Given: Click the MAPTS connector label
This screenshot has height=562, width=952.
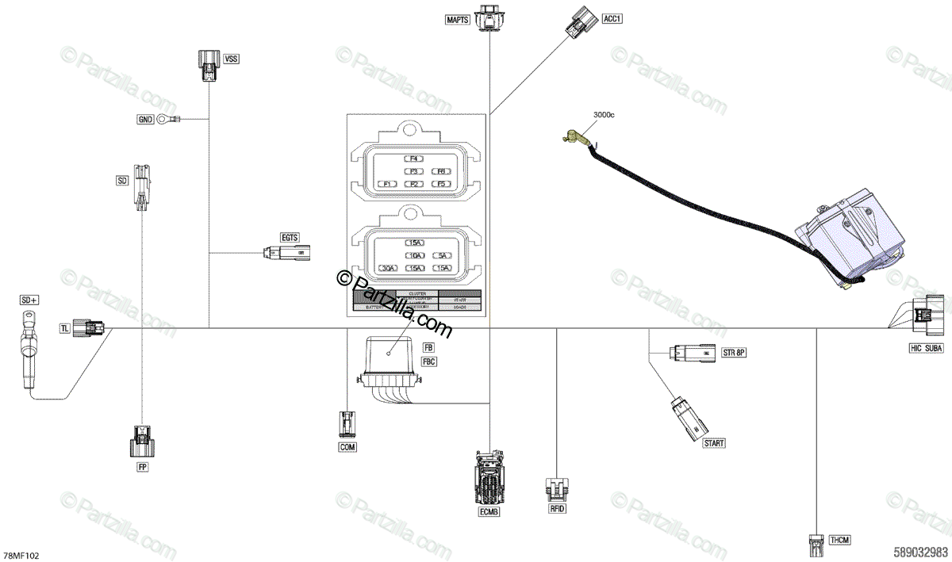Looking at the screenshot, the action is click(459, 18).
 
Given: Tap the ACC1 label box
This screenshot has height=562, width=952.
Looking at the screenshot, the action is click(612, 18).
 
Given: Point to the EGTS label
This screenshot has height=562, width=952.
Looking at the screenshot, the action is click(290, 237).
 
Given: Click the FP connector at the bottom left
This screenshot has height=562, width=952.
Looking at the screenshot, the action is click(142, 442).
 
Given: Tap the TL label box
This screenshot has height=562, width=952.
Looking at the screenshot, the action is click(65, 328).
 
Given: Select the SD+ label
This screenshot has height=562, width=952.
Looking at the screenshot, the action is click(30, 300).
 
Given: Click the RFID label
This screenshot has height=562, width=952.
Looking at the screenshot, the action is click(557, 508).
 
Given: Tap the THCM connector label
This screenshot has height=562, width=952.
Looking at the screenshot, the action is click(839, 540).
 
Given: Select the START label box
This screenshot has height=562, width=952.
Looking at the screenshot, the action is click(714, 443).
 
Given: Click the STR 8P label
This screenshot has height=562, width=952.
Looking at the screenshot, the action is click(735, 352).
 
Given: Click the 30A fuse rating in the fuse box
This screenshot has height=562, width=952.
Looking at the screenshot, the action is click(389, 269).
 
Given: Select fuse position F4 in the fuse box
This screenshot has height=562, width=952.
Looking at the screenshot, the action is click(413, 159).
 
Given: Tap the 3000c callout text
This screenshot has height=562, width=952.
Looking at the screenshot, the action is click(604, 115).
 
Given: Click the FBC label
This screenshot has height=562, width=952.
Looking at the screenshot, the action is click(429, 361).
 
